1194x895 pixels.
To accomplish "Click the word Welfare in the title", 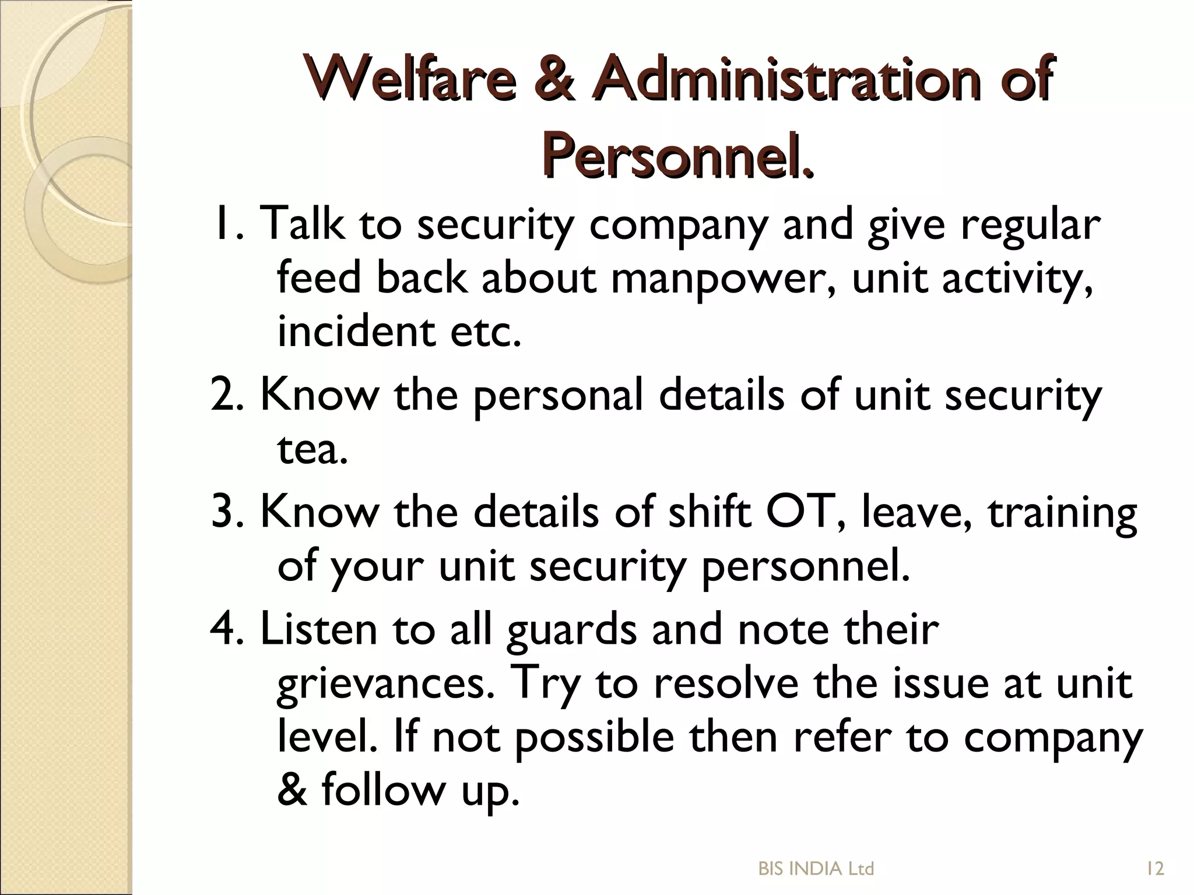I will [x=410, y=80].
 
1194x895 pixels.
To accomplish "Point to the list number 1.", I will [x=227, y=224].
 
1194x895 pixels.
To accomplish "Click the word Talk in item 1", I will [x=301, y=224].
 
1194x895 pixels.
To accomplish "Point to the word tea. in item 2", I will [x=312, y=449].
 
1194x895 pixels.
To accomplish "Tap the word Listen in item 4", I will [x=318, y=629].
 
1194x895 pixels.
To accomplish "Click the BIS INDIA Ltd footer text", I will [x=816, y=869].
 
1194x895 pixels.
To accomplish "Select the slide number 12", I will [x=1155, y=869].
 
